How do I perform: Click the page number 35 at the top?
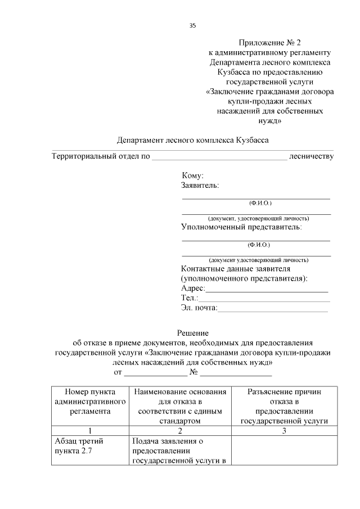[x=192, y=25]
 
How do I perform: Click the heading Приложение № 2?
[x=269, y=43]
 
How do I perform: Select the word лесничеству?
[x=311, y=156]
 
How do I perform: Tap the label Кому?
[x=192, y=176]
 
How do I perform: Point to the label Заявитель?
[x=200, y=185]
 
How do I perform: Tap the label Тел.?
[x=189, y=298]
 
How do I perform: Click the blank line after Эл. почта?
[x=272, y=308]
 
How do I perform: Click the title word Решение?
[x=193, y=334]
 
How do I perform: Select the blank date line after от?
[x=155, y=372]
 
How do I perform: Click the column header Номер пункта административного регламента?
[x=90, y=402]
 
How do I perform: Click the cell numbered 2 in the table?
[x=180, y=431]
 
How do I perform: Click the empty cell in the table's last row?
[x=284, y=451]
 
